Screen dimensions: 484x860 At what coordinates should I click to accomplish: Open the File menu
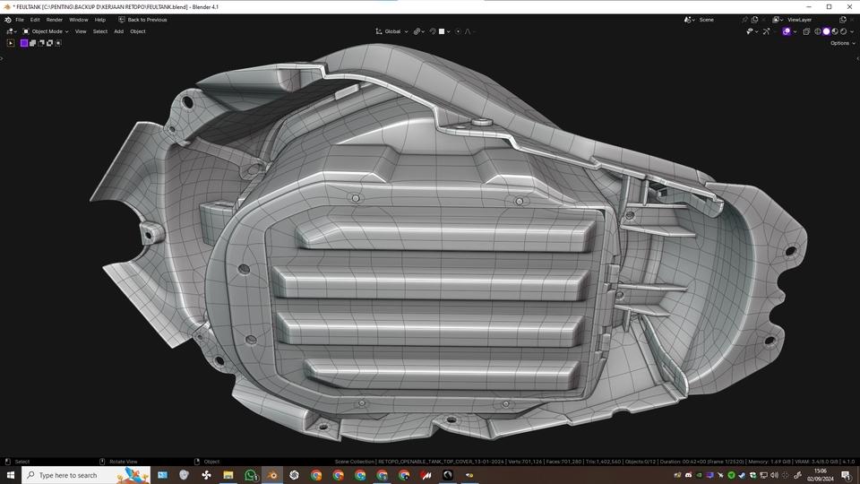(x=20, y=19)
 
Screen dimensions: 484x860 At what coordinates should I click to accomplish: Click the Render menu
(x=55, y=19)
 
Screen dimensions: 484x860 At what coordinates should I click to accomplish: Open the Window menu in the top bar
(x=79, y=19)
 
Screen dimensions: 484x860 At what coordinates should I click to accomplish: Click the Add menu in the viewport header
(x=118, y=31)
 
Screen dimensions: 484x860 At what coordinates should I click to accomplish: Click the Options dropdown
(x=840, y=43)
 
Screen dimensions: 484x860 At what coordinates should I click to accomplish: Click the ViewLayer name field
(x=799, y=19)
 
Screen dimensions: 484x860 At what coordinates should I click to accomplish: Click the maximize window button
(x=829, y=6)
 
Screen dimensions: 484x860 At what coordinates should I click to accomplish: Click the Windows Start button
(x=10, y=475)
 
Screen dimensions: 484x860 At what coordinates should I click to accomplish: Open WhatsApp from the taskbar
(x=251, y=475)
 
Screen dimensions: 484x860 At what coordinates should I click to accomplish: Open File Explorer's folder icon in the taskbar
(x=228, y=475)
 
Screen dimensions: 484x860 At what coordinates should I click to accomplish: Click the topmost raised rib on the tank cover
(x=443, y=234)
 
